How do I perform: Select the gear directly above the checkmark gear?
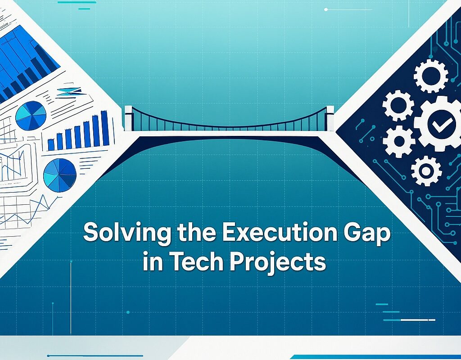(x=431, y=76)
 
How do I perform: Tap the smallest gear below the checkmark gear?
(x=425, y=171)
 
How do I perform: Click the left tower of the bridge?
(x=129, y=118)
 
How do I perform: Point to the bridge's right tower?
(x=330, y=117)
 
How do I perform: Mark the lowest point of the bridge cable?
(x=230, y=127)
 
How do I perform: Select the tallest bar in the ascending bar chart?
(x=104, y=128)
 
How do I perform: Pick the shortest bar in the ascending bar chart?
(x=51, y=144)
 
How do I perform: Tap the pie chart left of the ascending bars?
(x=31, y=116)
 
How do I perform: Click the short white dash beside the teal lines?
(x=418, y=320)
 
